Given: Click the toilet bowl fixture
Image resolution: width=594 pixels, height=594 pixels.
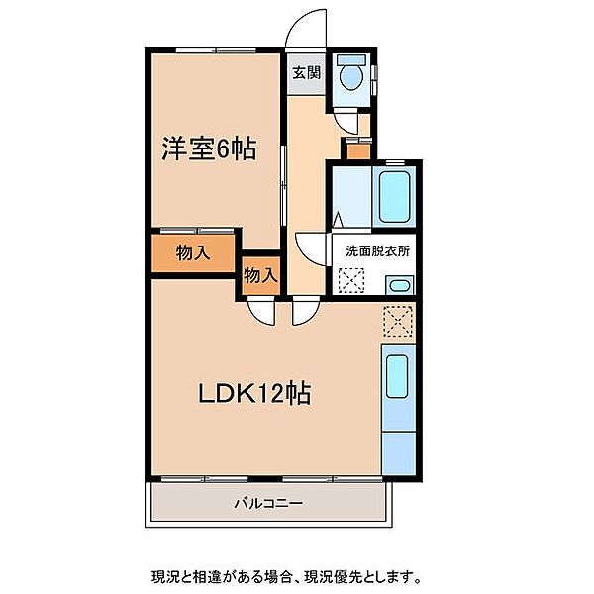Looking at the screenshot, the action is tap(351, 77).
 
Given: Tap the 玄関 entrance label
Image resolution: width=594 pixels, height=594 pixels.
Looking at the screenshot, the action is tap(307, 72).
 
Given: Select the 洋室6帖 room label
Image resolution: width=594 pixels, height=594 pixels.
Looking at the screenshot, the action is tap(209, 148).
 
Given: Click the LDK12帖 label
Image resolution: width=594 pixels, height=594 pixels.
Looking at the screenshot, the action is tap(255, 393).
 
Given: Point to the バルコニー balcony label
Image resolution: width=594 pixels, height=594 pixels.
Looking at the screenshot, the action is tap(268, 504).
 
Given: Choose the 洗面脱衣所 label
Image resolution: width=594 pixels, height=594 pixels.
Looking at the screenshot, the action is tap(378, 251).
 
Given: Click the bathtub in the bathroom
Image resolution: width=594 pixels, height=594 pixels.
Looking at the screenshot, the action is tap(395, 197).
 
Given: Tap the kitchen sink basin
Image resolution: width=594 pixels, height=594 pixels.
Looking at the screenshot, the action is tap(397, 376).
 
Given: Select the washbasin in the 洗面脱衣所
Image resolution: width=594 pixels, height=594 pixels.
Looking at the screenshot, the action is tap(399, 285).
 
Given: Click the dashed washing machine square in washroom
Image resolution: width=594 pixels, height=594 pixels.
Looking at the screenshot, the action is tap(351, 280).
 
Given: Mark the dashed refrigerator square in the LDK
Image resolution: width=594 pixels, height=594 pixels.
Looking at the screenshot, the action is tap(397, 321).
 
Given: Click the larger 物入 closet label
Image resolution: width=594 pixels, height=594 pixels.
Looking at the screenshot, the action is tap(193, 252).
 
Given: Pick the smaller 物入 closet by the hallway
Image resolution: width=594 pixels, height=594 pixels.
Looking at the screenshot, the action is tap(260, 275).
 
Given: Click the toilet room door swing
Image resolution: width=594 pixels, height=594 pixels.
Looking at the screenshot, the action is tap(346, 121).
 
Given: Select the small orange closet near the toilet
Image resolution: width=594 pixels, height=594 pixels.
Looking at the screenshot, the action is tap(358, 151).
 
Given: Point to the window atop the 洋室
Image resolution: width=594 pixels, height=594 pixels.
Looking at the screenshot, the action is tap(216, 49).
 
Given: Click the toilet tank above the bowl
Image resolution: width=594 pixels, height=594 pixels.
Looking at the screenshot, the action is tap(351, 59).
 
